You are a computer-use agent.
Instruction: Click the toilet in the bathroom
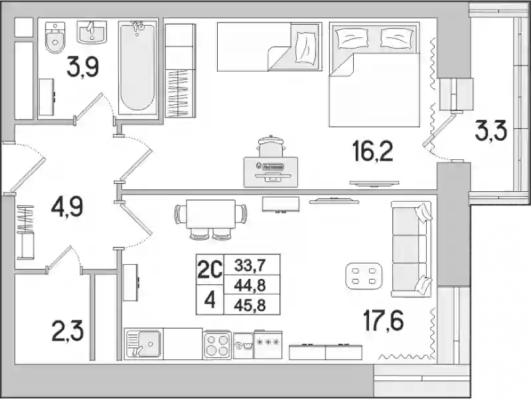pos(54,37)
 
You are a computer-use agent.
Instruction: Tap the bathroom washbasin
pos(92,32)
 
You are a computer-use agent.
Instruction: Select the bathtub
pos(137,66)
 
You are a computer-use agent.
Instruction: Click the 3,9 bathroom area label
pos(82,66)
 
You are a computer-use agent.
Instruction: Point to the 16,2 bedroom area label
pos(372,151)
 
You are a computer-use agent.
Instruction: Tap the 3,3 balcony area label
pos(491,131)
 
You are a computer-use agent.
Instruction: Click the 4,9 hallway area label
pos(67,207)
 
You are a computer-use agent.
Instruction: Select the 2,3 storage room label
pos(68,331)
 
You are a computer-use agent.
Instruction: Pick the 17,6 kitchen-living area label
pos(383,321)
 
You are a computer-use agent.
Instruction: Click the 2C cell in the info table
pos(210,270)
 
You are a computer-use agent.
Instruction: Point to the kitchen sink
pos(143,344)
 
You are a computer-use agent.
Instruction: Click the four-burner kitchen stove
pos(217,345)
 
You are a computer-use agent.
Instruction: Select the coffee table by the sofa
pos(364,276)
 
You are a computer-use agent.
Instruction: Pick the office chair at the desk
pos(271,146)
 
